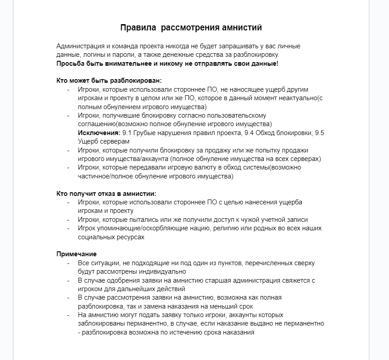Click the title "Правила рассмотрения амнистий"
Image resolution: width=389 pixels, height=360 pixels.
point(191,28)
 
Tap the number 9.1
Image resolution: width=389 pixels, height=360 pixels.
point(127,133)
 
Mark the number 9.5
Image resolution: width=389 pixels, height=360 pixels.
point(320,133)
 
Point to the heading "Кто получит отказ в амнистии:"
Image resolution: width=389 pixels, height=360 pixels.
point(106,194)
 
